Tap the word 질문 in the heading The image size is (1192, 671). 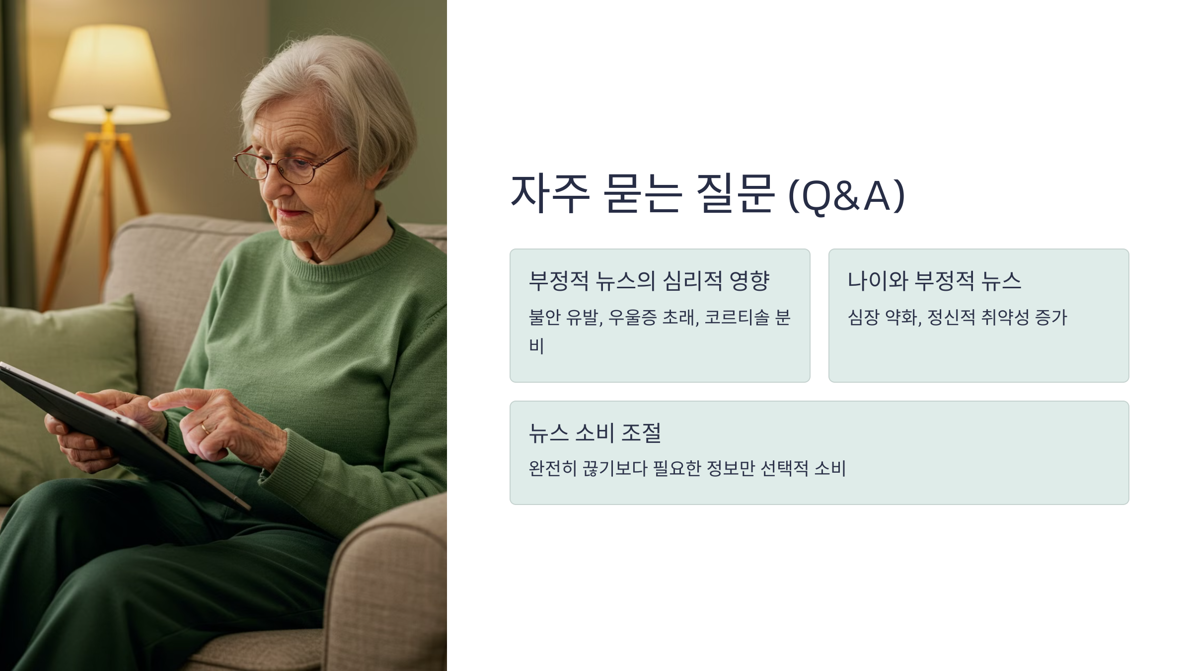tap(735, 194)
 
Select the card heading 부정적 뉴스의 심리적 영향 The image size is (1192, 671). tap(649, 281)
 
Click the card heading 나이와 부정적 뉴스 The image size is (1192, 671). tap(934, 281)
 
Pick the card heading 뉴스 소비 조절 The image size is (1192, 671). tap(595, 433)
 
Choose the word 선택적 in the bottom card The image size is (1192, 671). tap(784, 468)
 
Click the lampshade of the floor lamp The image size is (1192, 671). tap(109, 75)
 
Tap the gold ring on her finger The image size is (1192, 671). tap(205, 427)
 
